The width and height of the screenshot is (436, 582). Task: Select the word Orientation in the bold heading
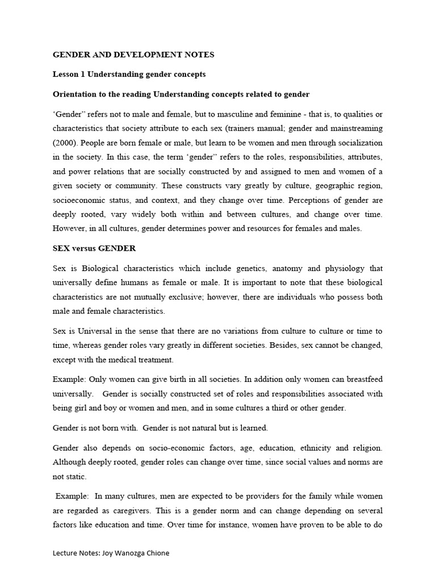pyautogui.click(x=77, y=94)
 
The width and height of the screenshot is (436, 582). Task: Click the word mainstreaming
pyautogui.click(x=355, y=128)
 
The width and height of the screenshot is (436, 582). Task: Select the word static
pyautogui.click(x=77, y=477)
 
